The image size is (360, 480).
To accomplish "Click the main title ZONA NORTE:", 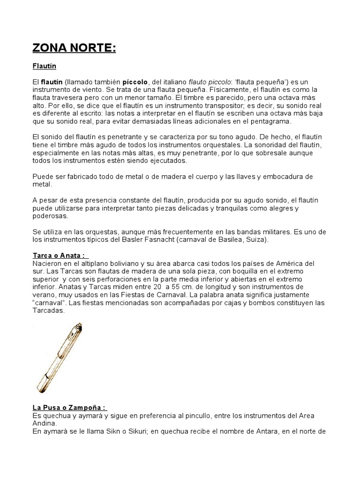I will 74,48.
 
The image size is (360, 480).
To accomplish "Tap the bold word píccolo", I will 135,82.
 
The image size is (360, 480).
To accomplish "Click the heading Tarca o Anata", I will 59,255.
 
